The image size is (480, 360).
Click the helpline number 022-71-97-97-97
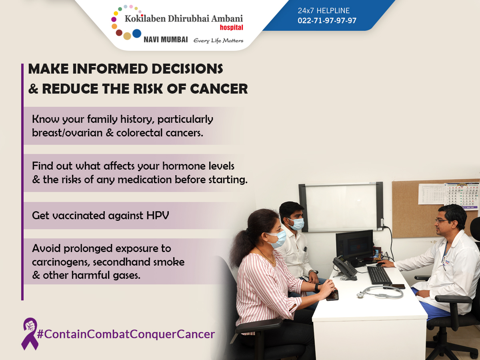pyautogui.click(x=327, y=20)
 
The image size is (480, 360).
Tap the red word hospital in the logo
pyautogui.click(x=231, y=28)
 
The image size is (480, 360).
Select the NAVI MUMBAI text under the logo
pyautogui.click(x=166, y=40)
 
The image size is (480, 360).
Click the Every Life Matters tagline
pyautogui.click(x=218, y=41)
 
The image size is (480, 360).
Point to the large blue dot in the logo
pyautogui.click(x=137, y=34)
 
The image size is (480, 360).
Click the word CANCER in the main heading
pyautogui.click(x=219, y=89)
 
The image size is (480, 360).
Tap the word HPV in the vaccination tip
pyautogui.click(x=158, y=216)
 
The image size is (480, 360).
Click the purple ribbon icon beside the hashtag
pyautogui.click(x=30, y=334)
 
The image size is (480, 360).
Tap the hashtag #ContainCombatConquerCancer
pyautogui.click(x=126, y=334)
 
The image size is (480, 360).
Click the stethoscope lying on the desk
pyautogui.click(x=380, y=292)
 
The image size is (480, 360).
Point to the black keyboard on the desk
pyautogui.click(x=380, y=275)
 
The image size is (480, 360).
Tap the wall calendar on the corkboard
pyautogui.click(x=462, y=196)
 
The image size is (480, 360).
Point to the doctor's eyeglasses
pyautogui.click(x=442, y=221)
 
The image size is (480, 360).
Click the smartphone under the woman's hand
pyautogui.click(x=332, y=295)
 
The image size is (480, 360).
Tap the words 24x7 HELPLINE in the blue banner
pyautogui.click(x=324, y=10)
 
